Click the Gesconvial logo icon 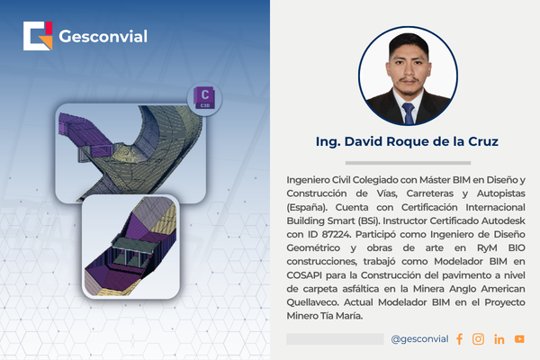point(38,36)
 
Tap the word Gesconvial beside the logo point(103,36)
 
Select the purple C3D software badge point(204,98)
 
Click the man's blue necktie point(409,113)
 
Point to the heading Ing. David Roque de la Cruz point(407,141)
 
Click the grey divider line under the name point(408,163)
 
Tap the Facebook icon point(459,339)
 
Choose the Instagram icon point(478,339)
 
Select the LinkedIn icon point(499,339)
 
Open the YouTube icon point(519,339)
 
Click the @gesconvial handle point(419,339)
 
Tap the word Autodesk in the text point(503,220)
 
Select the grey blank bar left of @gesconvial point(335,339)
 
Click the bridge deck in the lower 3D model point(133,246)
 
